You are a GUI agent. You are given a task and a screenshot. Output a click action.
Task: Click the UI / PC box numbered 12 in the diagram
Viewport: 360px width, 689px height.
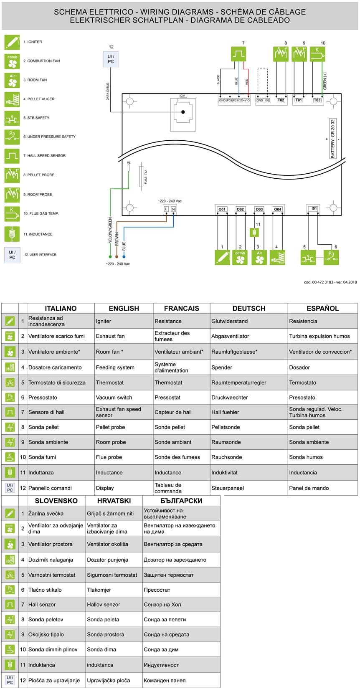(x=111, y=59)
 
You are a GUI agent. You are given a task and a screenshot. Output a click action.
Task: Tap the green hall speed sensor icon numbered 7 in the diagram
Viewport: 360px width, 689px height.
(x=238, y=54)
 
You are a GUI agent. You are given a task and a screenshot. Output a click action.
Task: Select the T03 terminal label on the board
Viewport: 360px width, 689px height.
(x=317, y=100)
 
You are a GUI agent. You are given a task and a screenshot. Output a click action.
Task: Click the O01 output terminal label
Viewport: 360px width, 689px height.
(x=222, y=209)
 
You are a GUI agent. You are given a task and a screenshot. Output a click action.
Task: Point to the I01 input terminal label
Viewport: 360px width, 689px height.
(x=314, y=208)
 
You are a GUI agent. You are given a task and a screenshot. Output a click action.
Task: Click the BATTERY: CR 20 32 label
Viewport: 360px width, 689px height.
(x=333, y=139)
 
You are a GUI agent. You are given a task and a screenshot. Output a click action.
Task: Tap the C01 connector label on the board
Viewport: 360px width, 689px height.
(x=183, y=96)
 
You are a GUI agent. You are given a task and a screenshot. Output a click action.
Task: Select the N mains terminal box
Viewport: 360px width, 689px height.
(x=173, y=209)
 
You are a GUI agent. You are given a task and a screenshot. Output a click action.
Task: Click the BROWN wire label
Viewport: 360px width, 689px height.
(x=117, y=239)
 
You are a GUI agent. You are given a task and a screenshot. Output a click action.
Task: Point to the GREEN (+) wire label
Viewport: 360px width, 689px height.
(x=325, y=81)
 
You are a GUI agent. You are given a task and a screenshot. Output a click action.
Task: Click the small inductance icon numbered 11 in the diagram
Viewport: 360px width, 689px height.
(x=254, y=232)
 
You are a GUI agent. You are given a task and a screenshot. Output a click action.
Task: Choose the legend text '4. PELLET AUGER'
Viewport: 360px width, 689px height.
(x=39, y=99)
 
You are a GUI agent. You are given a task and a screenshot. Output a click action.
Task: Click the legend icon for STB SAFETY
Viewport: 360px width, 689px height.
(x=12, y=118)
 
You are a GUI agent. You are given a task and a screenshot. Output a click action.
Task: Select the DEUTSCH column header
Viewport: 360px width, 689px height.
(x=249, y=309)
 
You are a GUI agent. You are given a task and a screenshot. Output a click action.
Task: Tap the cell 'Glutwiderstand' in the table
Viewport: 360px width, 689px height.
(x=230, y=321)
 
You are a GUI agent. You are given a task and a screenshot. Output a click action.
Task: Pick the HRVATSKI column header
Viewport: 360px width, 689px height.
(x=114, y=501)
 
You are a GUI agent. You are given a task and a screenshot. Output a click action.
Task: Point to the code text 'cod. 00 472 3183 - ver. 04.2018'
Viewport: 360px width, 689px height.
(x=330, y=282)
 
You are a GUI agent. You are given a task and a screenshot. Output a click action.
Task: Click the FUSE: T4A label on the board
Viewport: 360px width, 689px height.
(x=146, y=177)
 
